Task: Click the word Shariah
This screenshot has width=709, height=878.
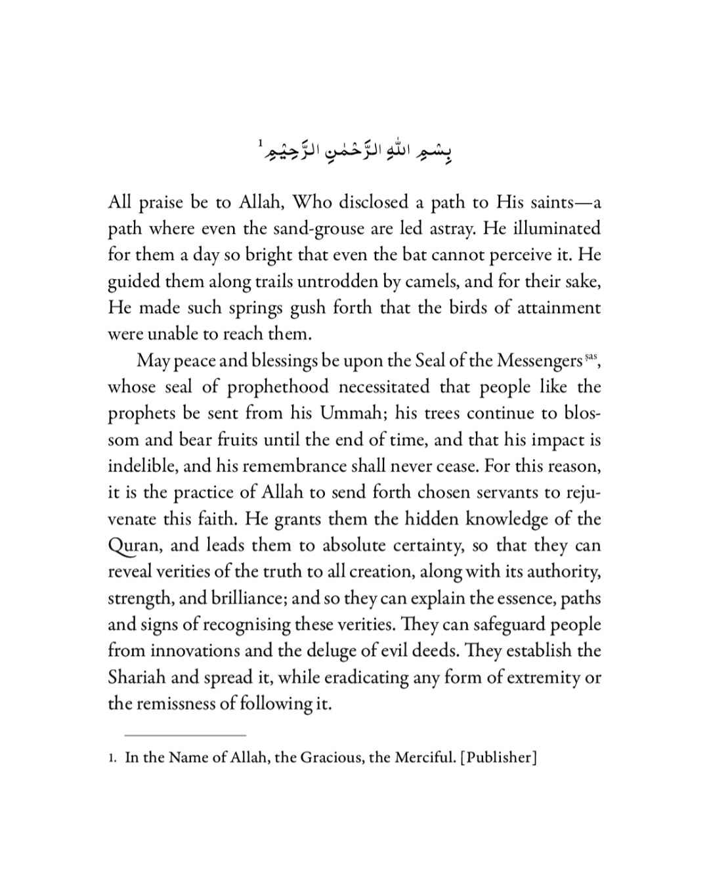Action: [137, 678]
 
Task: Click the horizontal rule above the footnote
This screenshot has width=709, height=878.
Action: [185, 735]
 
